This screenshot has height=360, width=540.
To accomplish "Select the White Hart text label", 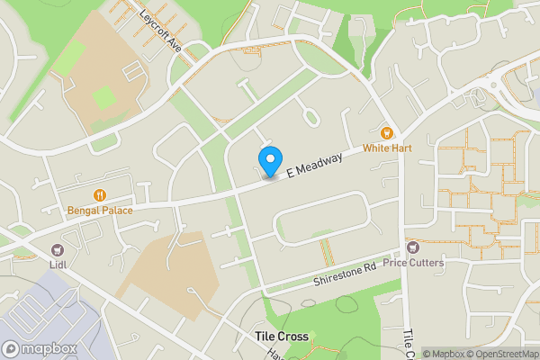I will (388, 147).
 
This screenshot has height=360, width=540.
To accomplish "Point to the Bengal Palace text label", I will (100, 211).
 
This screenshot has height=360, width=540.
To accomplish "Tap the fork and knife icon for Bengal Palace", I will (100, 195).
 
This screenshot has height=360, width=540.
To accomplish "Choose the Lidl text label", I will (59, 265).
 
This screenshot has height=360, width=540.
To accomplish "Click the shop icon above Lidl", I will (59, 249).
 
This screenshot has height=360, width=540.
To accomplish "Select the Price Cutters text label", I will (412, 263).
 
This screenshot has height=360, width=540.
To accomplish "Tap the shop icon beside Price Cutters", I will (413, 247).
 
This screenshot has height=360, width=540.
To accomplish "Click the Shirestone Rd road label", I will (344, 274).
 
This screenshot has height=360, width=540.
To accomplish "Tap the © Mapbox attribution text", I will (445, 354).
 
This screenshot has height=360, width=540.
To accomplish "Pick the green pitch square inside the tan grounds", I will (104, 97).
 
